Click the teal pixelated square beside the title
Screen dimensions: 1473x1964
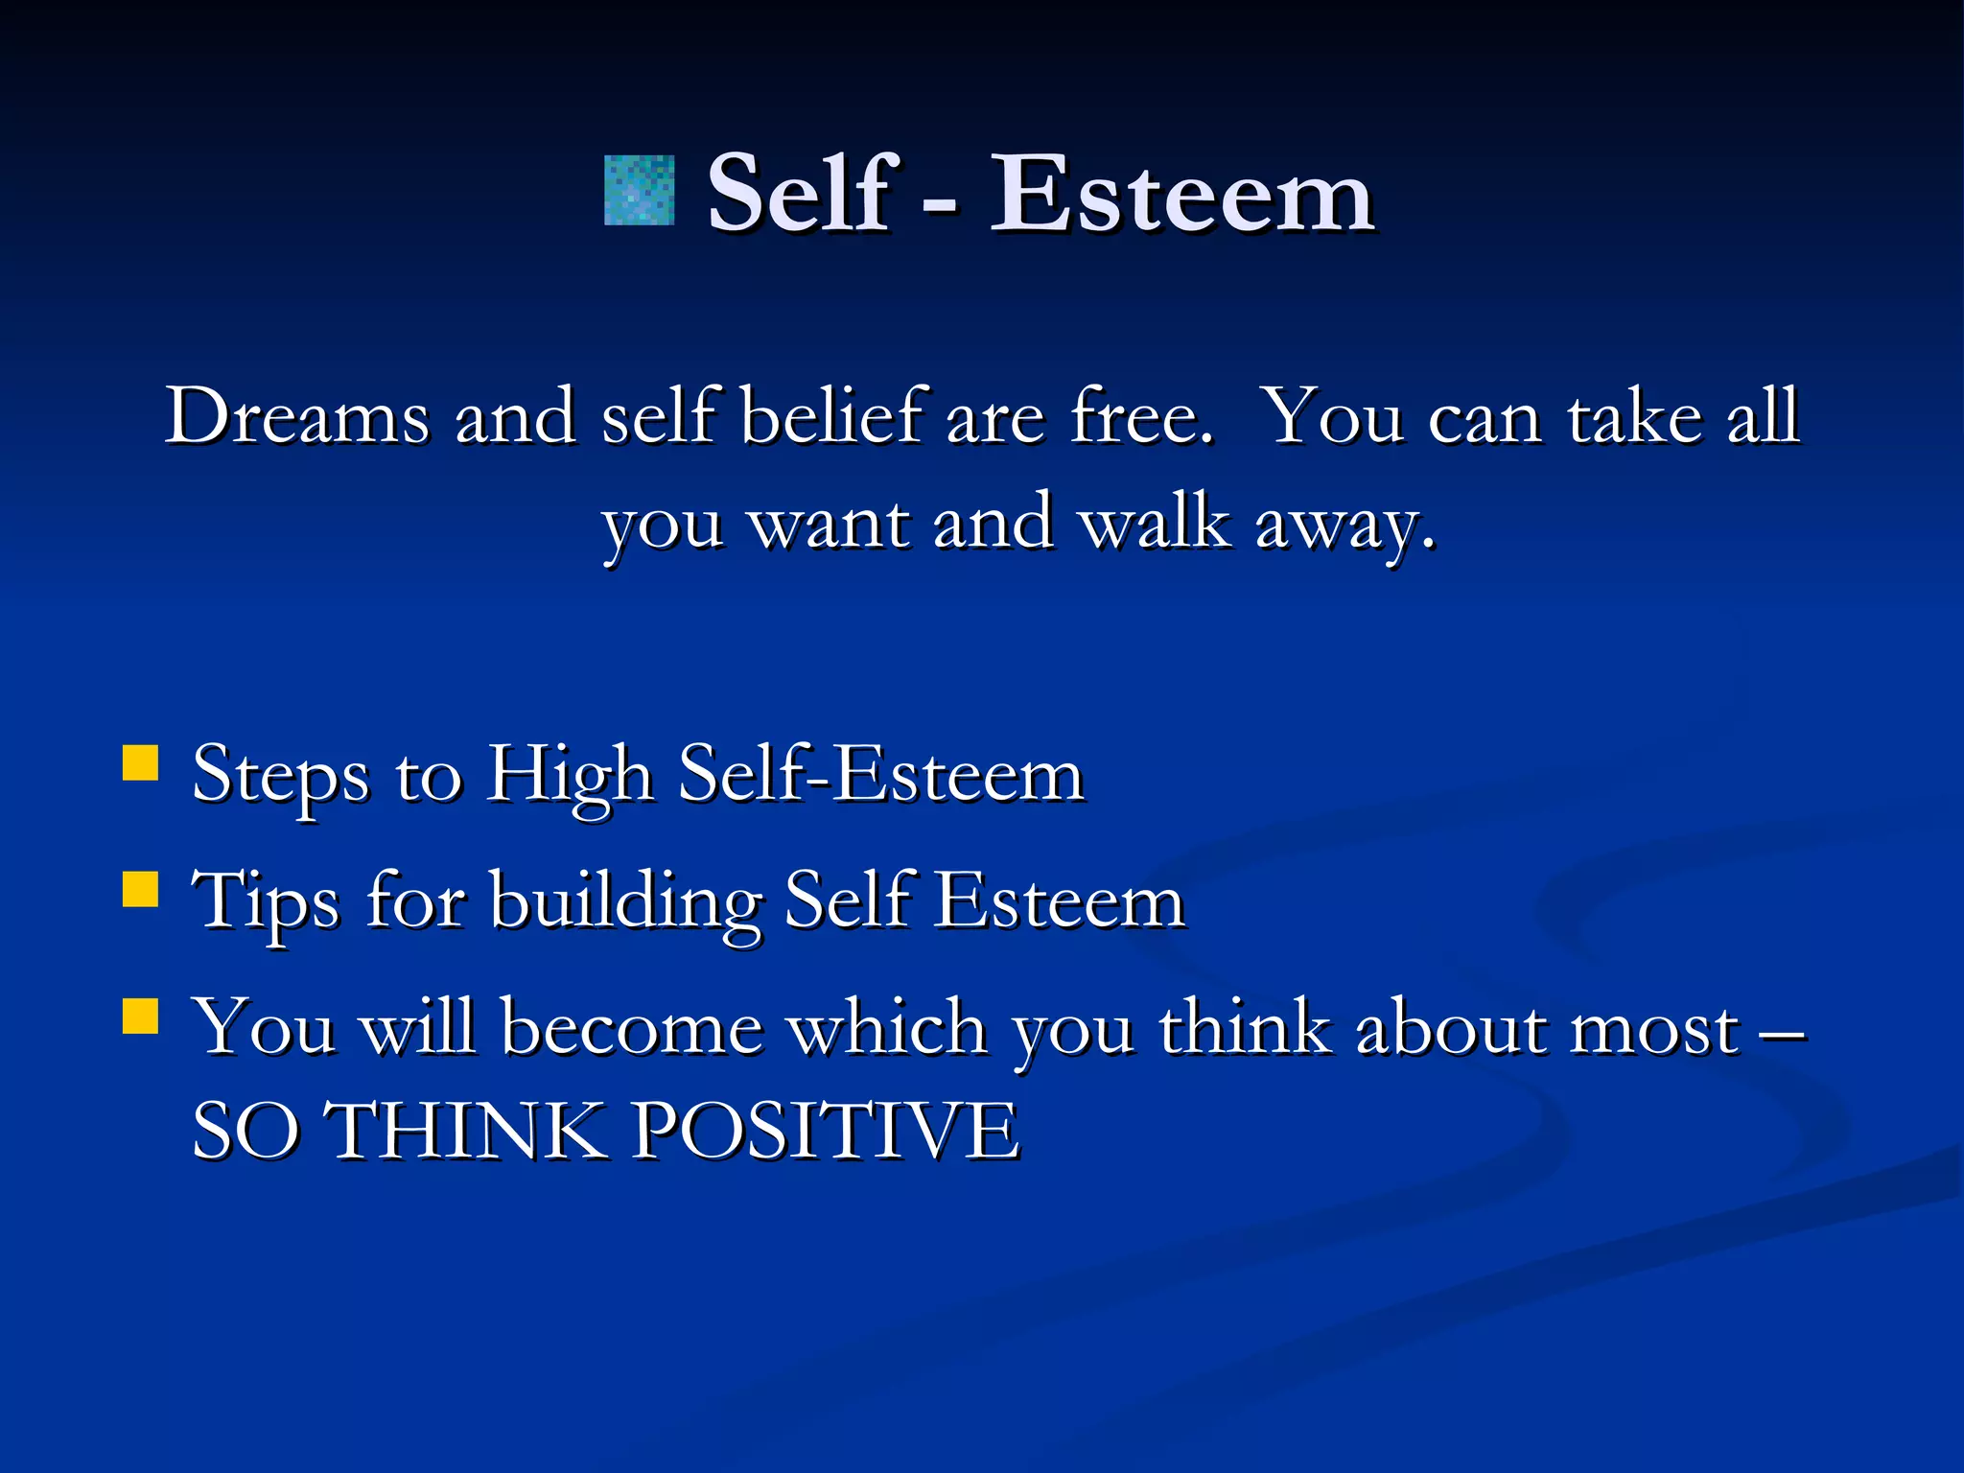[x=639, y=190]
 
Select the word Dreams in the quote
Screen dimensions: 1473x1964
[x=297, y=417]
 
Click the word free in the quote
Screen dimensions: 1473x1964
[x=1139, y=417]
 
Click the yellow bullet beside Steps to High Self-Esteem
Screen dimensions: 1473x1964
[x=141, y=764]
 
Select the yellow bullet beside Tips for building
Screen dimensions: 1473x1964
[x=141, y=889]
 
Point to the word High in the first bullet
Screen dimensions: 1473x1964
[x=570, y=775]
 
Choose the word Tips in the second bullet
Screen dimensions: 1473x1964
[x=266, y=901]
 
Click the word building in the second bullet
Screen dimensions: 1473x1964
[x=626, y=901]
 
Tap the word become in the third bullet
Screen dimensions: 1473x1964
[x=632, y=1028]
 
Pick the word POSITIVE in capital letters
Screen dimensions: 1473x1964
[x=825, y=1132]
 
